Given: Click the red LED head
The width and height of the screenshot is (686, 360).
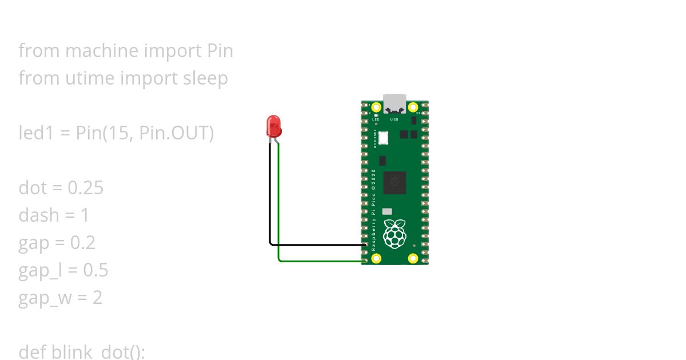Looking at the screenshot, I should click(274, 125).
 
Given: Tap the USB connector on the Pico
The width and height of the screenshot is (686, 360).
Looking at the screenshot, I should click(394, 103).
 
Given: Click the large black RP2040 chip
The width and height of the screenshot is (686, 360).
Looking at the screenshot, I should click(394, 183).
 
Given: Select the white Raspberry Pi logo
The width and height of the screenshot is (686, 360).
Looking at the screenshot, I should click(394, 234).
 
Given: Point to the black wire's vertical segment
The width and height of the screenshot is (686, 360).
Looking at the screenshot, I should click(270, 194).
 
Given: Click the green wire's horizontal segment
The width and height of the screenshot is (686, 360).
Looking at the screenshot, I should click(320, 261).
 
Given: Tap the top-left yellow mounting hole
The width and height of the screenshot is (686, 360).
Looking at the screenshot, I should click(376, 107).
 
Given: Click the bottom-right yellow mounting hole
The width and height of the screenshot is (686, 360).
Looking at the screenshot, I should click(413, 258).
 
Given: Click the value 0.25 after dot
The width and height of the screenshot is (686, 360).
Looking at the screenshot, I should click(85, 188).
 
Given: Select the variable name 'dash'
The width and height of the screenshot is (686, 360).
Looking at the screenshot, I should click(39, 215).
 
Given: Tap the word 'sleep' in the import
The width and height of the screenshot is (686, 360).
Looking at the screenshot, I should click(205, 78).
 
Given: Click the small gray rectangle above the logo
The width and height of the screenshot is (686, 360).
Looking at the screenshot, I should click(388, 211).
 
